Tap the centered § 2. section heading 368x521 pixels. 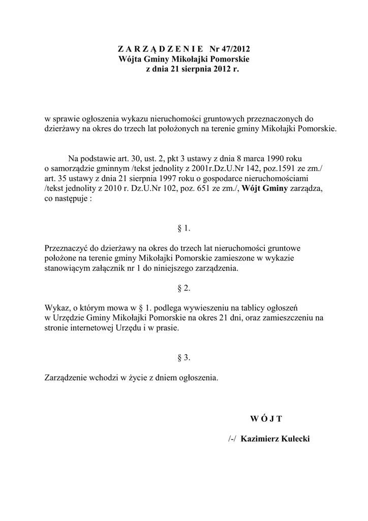pos(184,288)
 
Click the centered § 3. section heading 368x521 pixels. pos(184,358)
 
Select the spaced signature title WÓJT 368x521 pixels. pos(266,419)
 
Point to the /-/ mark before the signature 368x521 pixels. pos(233,439)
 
